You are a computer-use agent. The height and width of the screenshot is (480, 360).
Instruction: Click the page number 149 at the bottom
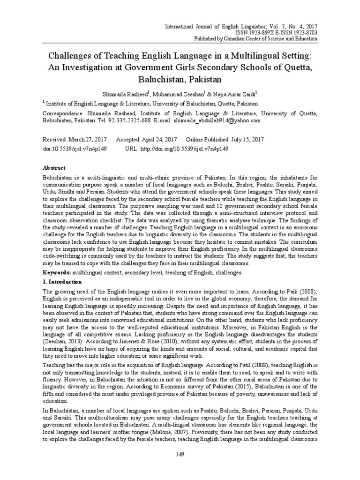(x=180, y=454)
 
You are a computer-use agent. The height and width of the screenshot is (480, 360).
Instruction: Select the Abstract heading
(x=54, y=168)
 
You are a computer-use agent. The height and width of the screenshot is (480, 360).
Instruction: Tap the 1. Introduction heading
(x=62, y=282)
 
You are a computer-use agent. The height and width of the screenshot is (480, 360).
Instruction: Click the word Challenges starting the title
(x=71, y=56)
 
